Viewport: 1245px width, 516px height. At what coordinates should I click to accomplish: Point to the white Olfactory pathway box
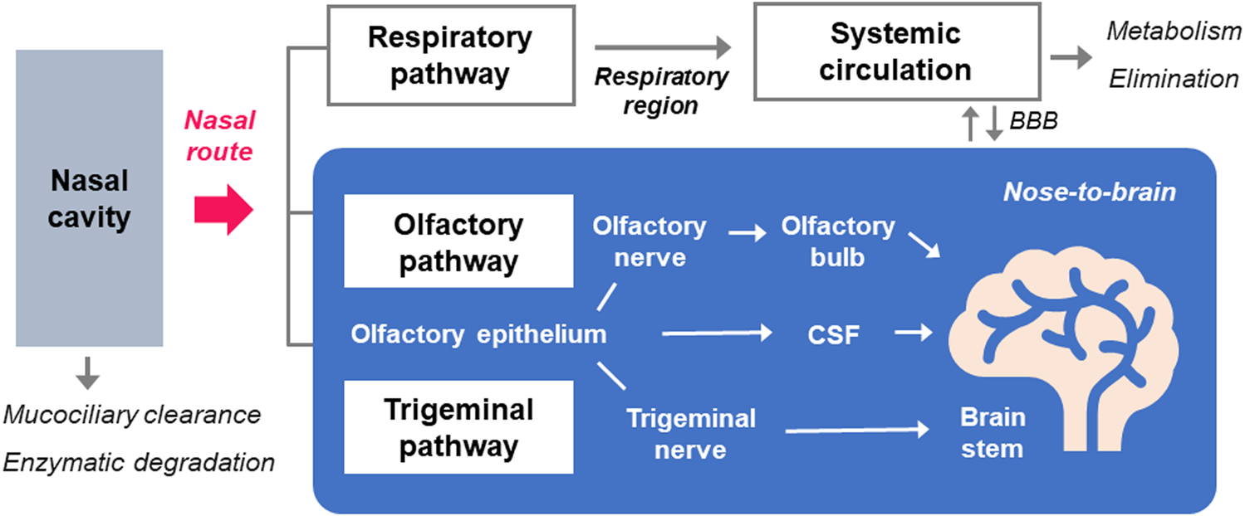pos(458,242)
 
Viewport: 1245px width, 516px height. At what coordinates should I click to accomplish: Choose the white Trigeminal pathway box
pos(458,427)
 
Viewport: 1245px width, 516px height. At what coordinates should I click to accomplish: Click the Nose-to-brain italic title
pos(1089,192)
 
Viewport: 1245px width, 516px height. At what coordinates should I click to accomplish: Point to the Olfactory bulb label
pos(838,241)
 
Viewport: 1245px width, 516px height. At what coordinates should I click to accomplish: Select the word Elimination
pos(1173,79)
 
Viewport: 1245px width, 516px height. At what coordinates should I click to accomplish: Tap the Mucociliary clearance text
pos(132,414)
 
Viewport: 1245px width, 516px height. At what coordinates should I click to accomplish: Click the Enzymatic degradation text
pos(139,462)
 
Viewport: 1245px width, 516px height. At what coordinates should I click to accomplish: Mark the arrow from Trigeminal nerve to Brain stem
pos(855,430)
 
